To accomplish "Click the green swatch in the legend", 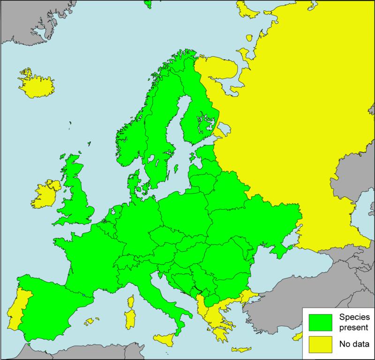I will (320, 321).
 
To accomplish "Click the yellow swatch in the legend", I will (320, 346).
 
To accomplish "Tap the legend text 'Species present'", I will (354, 321).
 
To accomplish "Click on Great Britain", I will (77, 197).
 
